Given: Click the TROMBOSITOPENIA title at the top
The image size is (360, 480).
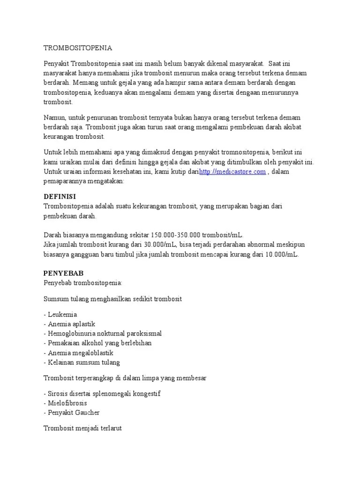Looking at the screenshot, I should (x=78, y=48).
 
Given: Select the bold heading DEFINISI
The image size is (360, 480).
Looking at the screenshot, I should (x=60, y=196).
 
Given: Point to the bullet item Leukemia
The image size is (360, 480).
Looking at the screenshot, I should (x=60, y=314).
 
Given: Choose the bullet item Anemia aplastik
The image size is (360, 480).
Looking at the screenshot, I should (x=69, y=324).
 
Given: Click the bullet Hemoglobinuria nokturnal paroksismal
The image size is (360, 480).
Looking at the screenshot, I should (x=103, y=333).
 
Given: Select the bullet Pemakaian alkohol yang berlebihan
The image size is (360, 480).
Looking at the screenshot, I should (x=97, y=343).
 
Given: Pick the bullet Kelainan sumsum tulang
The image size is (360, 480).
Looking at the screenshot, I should (x=82, y=362).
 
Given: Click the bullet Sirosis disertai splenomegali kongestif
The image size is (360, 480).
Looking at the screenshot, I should (x=102, y=393).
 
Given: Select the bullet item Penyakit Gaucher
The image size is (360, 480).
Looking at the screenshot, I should (x=72, y=412).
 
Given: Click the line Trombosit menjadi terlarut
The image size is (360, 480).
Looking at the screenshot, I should (x=83, y=428).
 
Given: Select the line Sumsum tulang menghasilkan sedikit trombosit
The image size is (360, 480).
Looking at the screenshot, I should (x=112, y=299).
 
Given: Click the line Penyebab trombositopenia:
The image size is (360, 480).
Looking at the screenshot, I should (x=82, y=283).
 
